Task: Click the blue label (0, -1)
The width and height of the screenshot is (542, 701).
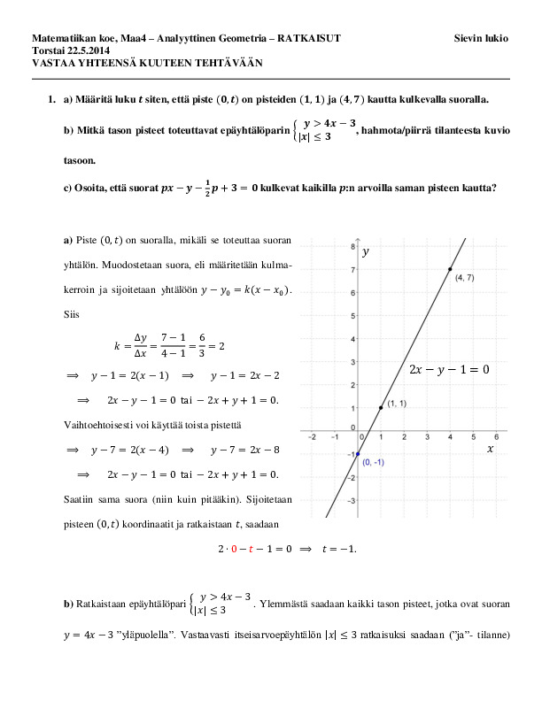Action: click(x=373, y=463)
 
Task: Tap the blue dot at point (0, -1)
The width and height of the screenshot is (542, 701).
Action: click(x=357, y=453)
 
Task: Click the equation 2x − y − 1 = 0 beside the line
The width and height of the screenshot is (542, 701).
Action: click(x=449, y=369)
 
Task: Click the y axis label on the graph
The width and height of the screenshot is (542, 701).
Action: click(x=365, y=252)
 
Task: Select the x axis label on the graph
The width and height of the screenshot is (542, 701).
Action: click(x=490, y=450)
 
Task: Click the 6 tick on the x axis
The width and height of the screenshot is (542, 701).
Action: click(x=495, y=437)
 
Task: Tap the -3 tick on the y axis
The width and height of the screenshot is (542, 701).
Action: click(x=351, y=500)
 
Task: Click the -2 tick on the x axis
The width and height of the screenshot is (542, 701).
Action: click(x=311, y=437)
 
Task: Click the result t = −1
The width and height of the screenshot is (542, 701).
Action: click(x=337, y=549)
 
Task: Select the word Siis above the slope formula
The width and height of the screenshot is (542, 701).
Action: click(x=72, y=313)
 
